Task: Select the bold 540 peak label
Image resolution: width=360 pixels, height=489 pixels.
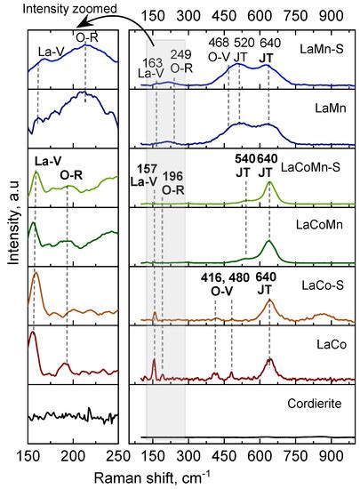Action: pyautogui.click(x=246, y=159)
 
